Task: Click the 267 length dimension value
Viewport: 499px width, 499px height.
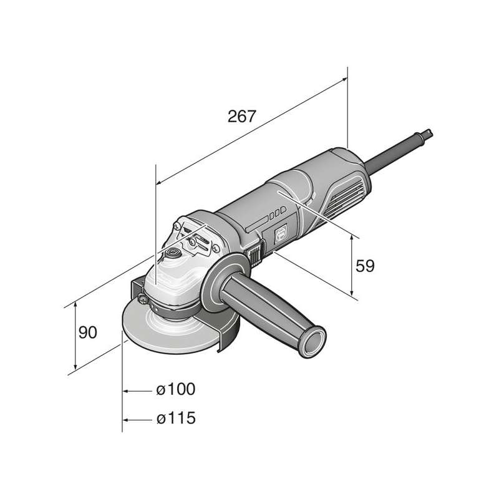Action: pyautogui.click(x=242, y=117)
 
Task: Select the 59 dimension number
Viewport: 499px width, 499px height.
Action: pyautogui.click(x=365, y=266)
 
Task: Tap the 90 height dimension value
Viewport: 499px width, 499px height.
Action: pyautogui.click(x=87, y=332)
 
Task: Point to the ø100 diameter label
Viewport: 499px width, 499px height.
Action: pyautogui.click(x=176, y=389)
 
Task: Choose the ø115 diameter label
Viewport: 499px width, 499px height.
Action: pyautogui.click(x=176, y=418)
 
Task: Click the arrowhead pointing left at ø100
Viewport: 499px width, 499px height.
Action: pyautogui.click(x=126, y=391)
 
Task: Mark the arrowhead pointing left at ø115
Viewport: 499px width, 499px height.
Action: pyautogui.click(x=126, y=420)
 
